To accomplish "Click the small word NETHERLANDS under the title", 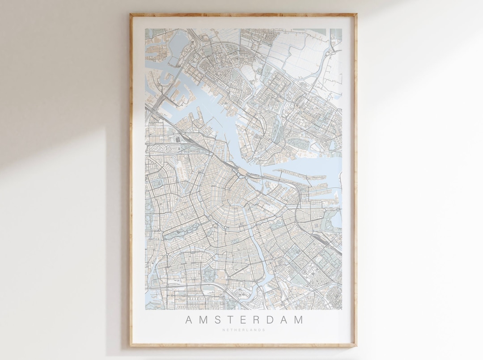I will [x=244, y=330].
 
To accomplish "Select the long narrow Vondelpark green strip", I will [x=179, y=233].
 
